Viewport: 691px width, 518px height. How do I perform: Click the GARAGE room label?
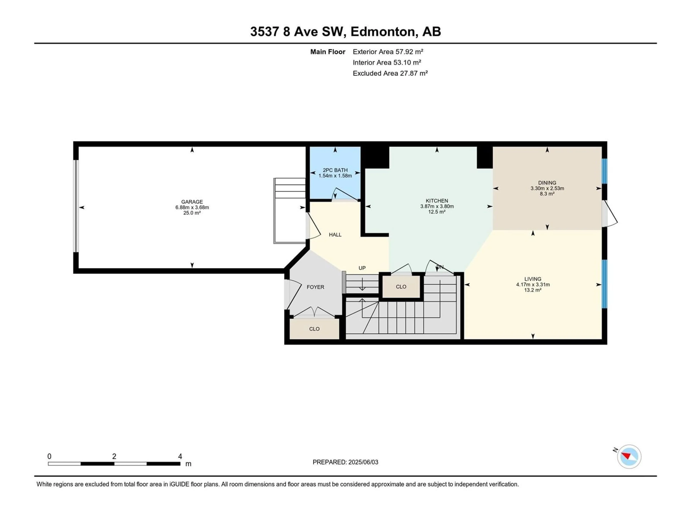coord(192,202)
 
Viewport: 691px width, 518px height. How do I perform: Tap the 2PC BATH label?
coord(335,170)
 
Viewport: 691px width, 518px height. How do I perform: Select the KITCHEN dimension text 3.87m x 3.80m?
coord(437,206)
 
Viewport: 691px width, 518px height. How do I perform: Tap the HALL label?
coord(335,235)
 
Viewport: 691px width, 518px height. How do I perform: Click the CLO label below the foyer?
coord(314,329)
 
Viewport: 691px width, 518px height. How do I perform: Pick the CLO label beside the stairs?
coord(401,287)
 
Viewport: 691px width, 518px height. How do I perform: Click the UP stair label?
coord(362,268)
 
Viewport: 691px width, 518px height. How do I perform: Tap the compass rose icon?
coord(629,456)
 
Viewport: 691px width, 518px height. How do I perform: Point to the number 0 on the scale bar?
coord(49,456)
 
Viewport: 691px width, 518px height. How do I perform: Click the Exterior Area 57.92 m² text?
coord(388,52)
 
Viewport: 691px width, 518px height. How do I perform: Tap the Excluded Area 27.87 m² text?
coord(390,73)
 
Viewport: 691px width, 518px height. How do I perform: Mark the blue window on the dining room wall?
coord(604,171)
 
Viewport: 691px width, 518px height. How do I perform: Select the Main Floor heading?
coord(328,52)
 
